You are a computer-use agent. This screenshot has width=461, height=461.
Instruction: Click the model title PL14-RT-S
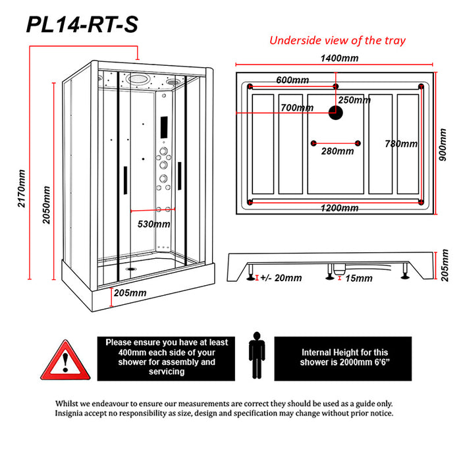click(x=82, y=25)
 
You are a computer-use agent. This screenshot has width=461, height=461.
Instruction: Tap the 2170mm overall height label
click(x=22, y=188)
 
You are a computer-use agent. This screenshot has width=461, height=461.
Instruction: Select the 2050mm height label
click(x=46, y=205)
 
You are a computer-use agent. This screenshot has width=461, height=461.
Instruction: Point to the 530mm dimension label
click(x=153, y=225)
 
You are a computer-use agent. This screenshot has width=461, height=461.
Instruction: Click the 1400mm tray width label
click(x=339, y=58)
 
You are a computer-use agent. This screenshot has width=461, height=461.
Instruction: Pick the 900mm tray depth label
click(x=443, y=145)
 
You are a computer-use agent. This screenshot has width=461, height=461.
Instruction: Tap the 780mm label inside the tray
click(x=401, y=144)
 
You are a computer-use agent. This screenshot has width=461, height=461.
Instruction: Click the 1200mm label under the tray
click(x=339, y=208)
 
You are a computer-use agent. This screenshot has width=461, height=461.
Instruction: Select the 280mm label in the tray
click(x=337, y=151)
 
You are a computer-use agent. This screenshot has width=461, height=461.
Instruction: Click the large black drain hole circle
click(x=335, y=113)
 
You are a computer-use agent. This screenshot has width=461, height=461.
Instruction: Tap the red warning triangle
click(x=65, y=360)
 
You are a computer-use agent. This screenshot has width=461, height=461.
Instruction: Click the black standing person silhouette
click(x=257, y=355)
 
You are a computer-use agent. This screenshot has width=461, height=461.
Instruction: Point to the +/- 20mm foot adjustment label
click(x=281, y=278)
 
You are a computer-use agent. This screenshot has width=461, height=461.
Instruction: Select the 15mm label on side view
click(x=359, y=278)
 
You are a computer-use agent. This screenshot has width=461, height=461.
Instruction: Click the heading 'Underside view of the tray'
click(x=337, y=40)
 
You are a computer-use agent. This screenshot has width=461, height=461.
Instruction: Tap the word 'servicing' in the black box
click(x=167, y=371)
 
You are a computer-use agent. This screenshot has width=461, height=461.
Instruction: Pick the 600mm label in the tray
click(x=292, y=80)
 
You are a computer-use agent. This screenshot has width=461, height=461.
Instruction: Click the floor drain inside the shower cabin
click(x=130, y=269)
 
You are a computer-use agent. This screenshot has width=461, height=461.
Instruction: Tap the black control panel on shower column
click(x=164, y=127)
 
